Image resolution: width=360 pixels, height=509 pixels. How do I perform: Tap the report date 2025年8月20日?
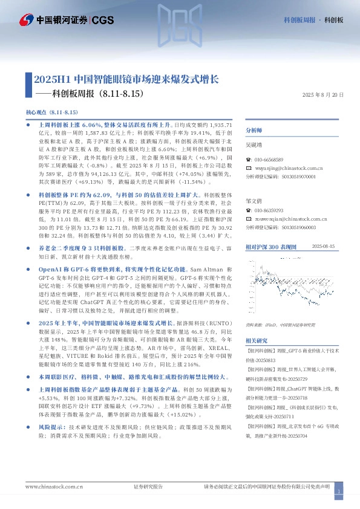tap(322, 96)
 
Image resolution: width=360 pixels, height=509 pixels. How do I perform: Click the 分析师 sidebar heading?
tap(254, 131)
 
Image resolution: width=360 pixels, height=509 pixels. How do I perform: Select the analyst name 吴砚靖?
tap(254, 145)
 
